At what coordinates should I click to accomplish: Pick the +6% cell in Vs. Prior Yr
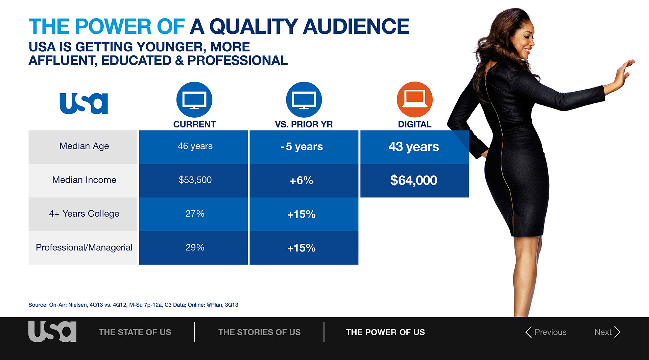click(x=304, y=181)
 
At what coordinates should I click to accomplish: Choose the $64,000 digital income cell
click(x=415, y=181)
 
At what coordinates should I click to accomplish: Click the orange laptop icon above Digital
click(x=415, y=99)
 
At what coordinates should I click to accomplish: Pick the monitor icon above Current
click(x=194, y=99)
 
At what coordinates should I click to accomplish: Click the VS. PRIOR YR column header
click(x=304, y=124)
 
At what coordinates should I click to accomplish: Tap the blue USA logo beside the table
click(x=84, y=103)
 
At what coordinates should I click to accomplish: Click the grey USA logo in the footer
click(x=52, y=332)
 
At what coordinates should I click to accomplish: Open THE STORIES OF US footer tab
click(x=259, y=332)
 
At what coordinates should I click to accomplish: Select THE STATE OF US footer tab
click(x=135, y=332)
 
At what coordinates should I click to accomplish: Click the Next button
click(x=607, y=332)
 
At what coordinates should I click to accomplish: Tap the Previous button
click(x=546, y=332)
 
